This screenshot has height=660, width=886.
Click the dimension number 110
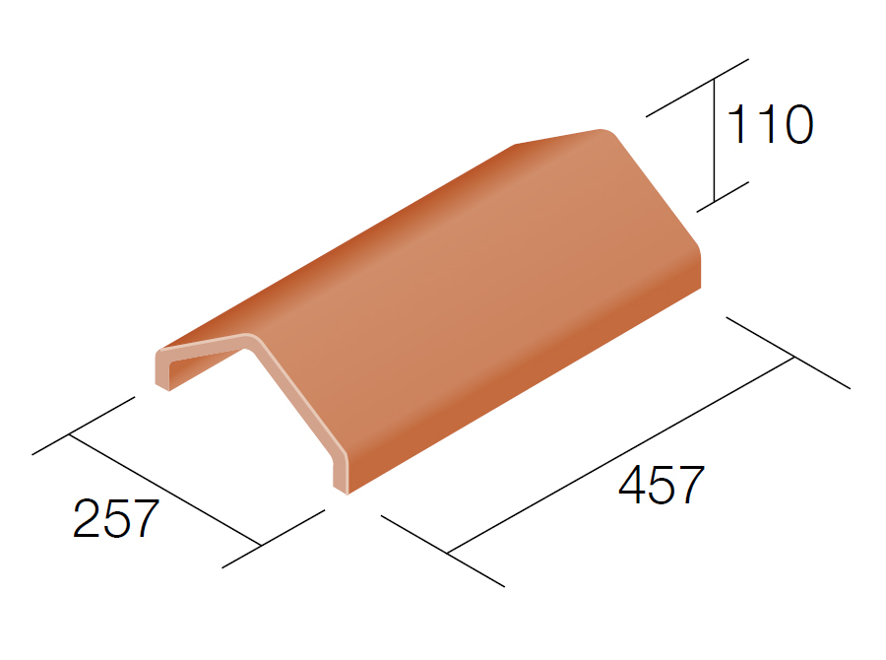770,124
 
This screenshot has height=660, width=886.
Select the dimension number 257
116,518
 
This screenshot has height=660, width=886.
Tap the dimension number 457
662,485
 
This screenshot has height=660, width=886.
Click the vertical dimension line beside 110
714,140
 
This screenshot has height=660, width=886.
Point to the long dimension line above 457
621,455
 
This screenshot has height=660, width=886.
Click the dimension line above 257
165,490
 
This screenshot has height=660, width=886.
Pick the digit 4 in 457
632,485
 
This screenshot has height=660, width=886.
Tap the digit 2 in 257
87,517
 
